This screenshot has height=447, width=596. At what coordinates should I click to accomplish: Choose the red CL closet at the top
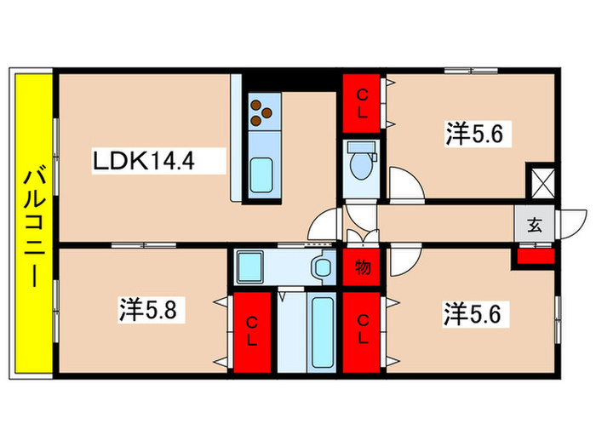(364, 103)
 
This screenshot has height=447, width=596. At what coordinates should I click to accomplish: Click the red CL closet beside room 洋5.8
(253, 330)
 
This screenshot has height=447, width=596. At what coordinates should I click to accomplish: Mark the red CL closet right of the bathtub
(364, 330)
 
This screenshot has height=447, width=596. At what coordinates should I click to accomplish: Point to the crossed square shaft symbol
(542, 182)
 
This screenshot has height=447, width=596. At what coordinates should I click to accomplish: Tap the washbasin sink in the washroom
(324, 266)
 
